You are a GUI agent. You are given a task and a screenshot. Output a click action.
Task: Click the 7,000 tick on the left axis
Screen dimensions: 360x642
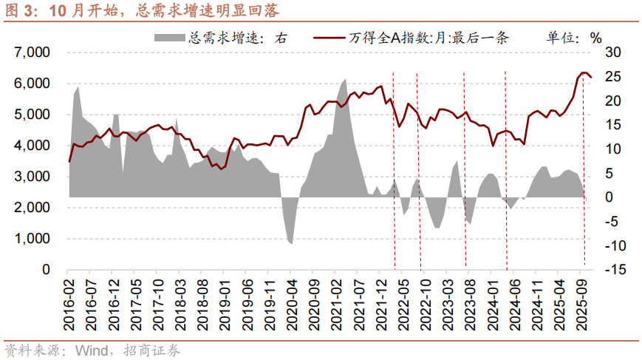pos(31,52)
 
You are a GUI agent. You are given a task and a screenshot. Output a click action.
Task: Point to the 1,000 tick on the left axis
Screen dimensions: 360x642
pos(31,240)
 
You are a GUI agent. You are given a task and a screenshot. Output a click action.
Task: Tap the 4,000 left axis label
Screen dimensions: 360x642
pos(31,146)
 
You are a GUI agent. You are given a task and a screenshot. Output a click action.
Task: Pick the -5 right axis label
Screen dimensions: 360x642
pos(615,222)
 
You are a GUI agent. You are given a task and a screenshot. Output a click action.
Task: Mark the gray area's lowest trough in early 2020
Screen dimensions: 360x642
pos(291,243)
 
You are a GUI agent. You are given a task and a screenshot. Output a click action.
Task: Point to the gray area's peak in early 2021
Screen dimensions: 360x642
pos(346,79)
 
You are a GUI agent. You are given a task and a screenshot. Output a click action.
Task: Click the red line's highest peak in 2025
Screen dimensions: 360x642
pos(584,72)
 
